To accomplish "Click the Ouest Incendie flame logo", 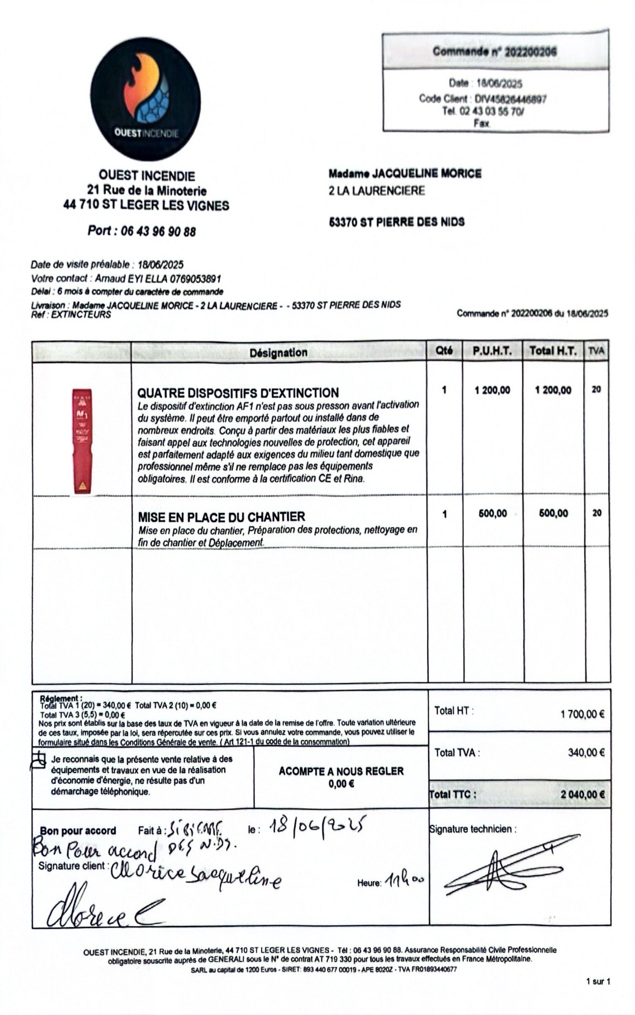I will pos(145,99).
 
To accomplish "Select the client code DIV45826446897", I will pos(510,99).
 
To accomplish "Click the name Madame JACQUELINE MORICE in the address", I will pos(405,173).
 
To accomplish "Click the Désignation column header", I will pos(278,352).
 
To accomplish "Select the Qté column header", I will pos(444,351).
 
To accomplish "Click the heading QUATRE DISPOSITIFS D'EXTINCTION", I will pos(238,393).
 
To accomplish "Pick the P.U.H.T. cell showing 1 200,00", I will pos(492,390).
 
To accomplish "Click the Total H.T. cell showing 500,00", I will pos(553,513).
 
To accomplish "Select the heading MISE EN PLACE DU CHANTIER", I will pos(221,517).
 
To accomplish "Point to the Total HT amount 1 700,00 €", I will pos(582,714).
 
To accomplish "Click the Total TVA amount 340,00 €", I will pos(586,752).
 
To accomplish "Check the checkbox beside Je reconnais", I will pos(38,760).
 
